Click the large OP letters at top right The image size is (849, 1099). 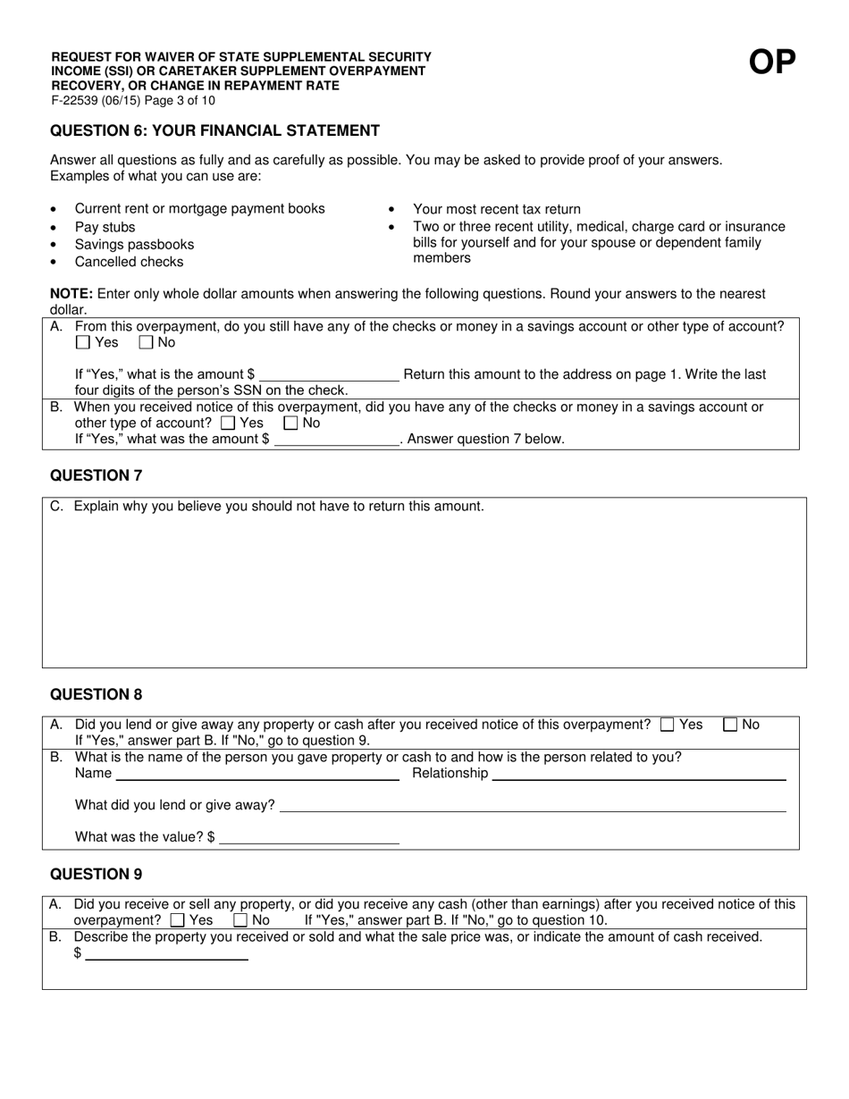[772, 63]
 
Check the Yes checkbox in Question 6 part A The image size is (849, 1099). [83, 342]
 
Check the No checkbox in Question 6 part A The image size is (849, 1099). [147, 342]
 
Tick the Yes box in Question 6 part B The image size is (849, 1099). [228, 424]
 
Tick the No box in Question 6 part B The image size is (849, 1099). [290, 424]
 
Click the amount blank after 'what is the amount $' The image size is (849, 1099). [329, 374]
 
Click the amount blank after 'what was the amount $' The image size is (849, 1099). [337, 439]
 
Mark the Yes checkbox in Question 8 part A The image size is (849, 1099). [667, 726]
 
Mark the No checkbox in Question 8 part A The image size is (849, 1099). [730, 726]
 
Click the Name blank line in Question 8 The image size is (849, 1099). [257, 774]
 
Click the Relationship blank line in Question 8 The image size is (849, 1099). [639, 774]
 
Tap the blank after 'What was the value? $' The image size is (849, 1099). [309, 837]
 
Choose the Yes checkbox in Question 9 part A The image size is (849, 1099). [177, 920]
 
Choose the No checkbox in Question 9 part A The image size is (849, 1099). [240, 920]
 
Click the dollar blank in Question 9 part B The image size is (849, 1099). [166, 953]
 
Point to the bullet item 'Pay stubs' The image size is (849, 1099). [105, 227]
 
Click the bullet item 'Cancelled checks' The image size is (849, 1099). [129, 262]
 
